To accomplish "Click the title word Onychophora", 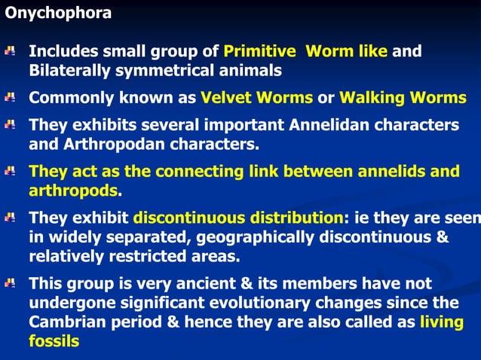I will (58, 13).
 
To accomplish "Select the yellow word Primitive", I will (259, 52).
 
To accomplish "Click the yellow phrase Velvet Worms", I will (256, 98).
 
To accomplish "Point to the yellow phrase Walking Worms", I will (403, 98).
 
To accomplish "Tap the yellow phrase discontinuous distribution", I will (238, 218).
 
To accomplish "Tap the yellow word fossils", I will (54, 340).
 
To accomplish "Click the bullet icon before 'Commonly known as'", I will (10, 98).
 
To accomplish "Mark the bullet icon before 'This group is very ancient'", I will (10, 284).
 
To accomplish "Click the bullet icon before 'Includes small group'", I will (10, 52).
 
